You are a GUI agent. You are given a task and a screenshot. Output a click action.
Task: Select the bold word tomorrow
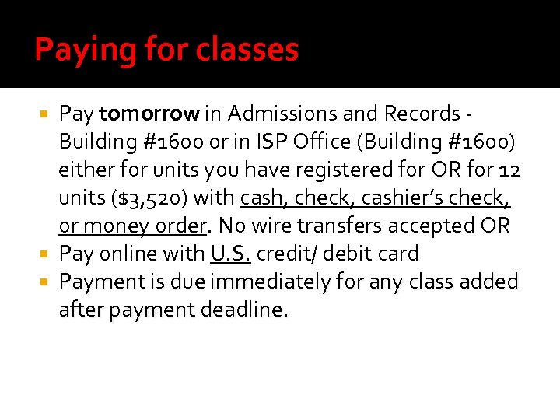click(x=149, y=114)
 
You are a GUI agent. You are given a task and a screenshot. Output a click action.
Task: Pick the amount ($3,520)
click(x=148, y=198)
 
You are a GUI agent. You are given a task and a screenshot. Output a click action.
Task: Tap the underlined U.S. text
click(x=230, y=254)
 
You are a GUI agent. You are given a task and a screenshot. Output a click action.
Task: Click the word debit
click(x=349, y=254)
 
